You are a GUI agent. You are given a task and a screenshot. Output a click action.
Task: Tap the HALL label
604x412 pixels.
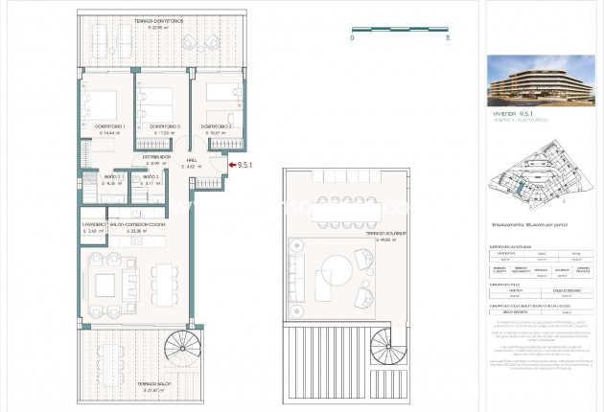coord(191,160)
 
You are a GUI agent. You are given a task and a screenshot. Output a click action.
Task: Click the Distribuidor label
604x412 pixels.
coord(157,156)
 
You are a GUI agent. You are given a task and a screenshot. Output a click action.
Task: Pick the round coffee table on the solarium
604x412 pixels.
coord(337,273)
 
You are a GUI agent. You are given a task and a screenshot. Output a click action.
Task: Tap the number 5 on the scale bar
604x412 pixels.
coord(448,38)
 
